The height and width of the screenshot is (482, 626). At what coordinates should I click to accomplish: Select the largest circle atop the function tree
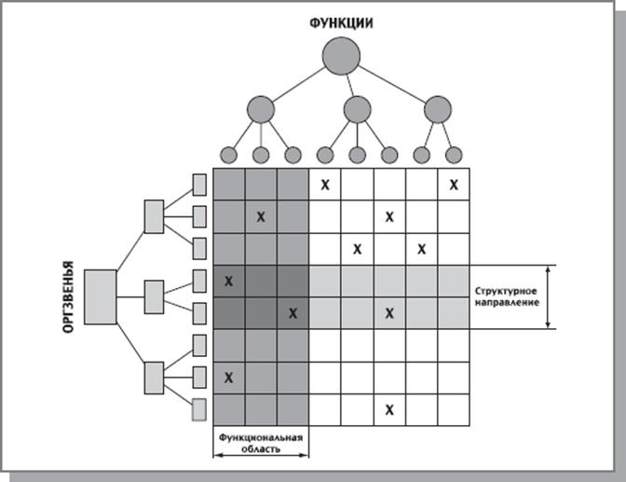341,57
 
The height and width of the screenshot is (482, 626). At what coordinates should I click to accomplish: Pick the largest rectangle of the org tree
100,296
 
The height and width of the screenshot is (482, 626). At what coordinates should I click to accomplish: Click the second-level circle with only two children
437,110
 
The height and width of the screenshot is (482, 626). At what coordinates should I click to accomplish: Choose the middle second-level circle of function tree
357,110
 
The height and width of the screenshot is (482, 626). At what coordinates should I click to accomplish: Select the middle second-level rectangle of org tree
155,296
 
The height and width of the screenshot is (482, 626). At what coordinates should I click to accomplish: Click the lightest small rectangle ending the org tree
198,408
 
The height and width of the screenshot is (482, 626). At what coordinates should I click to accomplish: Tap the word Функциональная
261,435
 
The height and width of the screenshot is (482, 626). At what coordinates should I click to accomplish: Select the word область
261,447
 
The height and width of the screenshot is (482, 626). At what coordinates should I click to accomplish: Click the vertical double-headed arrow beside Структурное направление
550,296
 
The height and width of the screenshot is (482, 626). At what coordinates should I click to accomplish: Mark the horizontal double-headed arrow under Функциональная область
261,457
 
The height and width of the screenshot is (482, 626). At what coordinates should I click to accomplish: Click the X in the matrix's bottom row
389,409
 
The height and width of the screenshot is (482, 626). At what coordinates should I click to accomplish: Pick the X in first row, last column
454,185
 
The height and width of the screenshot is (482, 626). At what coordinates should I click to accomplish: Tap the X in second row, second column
261,217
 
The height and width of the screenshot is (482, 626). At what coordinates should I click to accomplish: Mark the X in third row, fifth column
358,249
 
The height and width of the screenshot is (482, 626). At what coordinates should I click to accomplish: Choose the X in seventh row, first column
229,377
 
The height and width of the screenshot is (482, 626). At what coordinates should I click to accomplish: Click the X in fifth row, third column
293,313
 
